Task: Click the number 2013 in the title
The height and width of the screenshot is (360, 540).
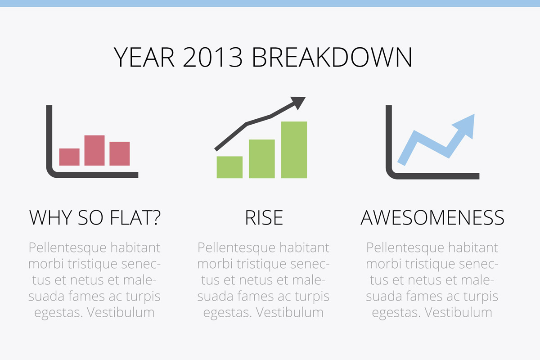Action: point(212,57)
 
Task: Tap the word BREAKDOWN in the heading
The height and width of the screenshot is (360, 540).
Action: point(332,57)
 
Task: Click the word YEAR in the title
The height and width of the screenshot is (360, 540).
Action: point(144,57)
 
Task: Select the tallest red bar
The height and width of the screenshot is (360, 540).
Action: point(94,150)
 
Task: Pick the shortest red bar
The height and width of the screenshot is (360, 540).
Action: point(69,157)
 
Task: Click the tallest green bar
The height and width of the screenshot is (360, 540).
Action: point(294,150)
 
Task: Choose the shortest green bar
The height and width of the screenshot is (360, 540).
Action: point(230,167)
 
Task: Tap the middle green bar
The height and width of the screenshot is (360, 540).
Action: point(262,159)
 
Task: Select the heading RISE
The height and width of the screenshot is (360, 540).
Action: point(264,218)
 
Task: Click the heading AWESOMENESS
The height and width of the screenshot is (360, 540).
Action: point(432,218)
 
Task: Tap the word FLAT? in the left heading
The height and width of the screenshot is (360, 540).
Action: point(135,218)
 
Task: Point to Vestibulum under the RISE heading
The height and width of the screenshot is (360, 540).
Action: point(289,312)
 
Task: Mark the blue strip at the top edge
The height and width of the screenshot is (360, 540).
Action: point(270,4)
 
